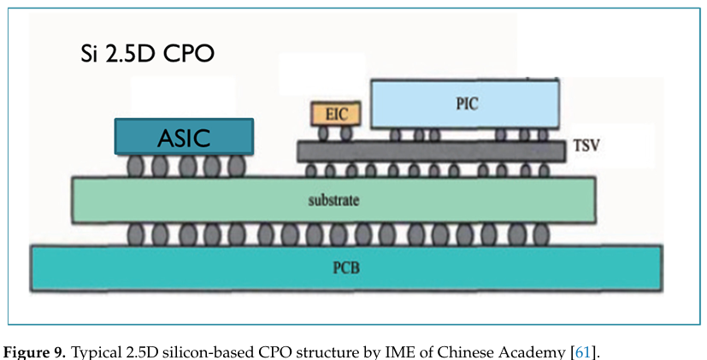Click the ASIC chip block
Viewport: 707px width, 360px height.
pos(184,137)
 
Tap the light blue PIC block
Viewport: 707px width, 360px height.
pos(465,103)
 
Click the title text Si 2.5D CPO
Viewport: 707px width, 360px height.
pos(142,55)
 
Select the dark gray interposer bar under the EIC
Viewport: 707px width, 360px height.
pos(431,152)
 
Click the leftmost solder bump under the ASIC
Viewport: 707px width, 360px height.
pos(135,165)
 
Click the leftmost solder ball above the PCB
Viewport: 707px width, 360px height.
pos(135,233)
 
